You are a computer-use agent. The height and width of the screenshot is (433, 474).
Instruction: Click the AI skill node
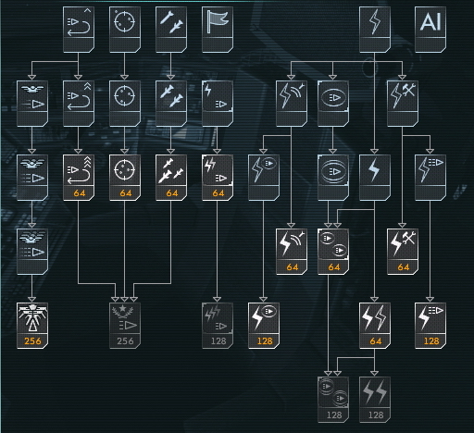click(x=430, y=30)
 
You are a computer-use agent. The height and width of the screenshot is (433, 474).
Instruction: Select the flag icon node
click(x=218, y=30)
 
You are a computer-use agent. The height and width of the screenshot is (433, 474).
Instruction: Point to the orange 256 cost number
click(x=32, y=340)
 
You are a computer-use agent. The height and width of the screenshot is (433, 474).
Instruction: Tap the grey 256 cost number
click(x=125, y=340)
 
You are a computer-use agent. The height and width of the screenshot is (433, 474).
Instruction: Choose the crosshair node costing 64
click(x=125, y=178)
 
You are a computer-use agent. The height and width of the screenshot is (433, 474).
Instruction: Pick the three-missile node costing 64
click(x=171, y=178)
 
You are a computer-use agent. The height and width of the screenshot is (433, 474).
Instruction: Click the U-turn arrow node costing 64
click(x=79, y=178)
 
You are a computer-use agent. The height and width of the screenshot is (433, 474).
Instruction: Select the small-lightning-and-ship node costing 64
click(x=218, y=178)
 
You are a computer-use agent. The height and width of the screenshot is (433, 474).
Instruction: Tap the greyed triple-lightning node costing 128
click(x=218, y=326)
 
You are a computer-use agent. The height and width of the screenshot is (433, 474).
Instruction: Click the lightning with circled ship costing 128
click(x=264, y=326)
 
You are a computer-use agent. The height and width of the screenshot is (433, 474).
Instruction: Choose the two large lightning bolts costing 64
click(x=375, y=326)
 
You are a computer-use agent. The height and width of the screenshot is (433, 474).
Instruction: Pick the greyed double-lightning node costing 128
click(x=375, y=400)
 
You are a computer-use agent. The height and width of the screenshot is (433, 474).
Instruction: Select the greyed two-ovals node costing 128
click(x=333, y=400)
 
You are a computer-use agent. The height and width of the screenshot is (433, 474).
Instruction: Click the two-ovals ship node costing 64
click(x=333, y=252)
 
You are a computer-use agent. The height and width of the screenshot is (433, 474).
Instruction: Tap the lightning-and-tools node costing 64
click(x=403, y=252)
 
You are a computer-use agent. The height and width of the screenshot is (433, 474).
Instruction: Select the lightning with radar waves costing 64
click(x=292, y=252)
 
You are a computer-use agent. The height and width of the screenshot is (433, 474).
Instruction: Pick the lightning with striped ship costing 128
click(x=430, y=326)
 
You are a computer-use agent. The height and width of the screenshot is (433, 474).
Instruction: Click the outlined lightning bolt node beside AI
click(x=375, y=30)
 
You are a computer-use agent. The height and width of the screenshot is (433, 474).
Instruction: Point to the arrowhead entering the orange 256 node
click(x=32, y=300)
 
